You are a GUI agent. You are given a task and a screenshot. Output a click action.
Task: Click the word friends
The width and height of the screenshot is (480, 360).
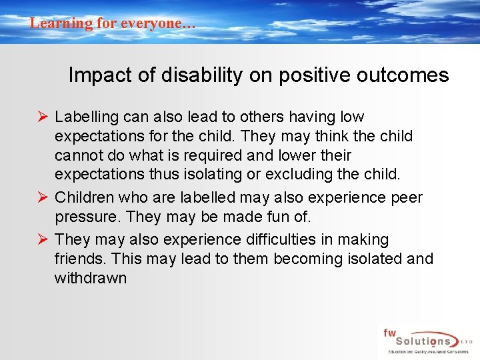pyautogui.click(x=77, y=259)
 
